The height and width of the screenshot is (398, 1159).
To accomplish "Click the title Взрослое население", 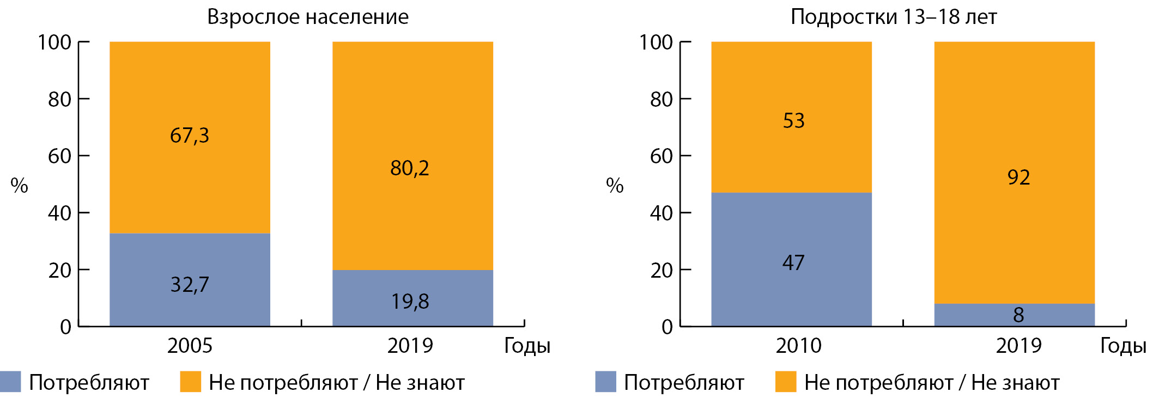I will tap(308, 17).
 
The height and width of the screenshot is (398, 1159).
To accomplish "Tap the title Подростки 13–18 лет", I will tap(894, 17).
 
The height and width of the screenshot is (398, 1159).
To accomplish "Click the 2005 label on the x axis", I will tap(190, 346).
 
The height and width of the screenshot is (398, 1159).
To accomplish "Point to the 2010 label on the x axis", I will tap(798, 346).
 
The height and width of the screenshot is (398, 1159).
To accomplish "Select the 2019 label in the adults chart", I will tap(410, 346).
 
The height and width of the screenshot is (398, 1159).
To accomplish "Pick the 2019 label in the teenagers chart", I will tap(1018, 346).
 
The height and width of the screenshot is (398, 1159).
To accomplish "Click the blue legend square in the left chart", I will tap(10, 382).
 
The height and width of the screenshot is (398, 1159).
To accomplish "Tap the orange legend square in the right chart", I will tap(786, 382).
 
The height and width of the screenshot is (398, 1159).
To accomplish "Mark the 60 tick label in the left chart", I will tap(59, 156).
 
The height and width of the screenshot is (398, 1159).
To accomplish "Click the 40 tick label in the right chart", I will tap(662, 213).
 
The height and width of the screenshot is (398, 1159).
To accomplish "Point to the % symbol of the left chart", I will tap(19, 186).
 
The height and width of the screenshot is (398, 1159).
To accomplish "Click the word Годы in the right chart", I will tap(1123, 346).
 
